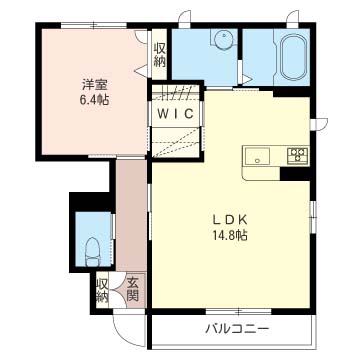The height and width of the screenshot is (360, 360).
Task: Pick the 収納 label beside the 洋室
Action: coord(160,53)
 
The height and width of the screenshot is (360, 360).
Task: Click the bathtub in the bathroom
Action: coord(293,58)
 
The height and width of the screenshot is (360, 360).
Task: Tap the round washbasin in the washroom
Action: coord(221,41)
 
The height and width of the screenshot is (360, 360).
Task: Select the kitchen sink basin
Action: coord(257,155)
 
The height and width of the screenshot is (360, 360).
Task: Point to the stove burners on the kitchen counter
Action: coord(296,154)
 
